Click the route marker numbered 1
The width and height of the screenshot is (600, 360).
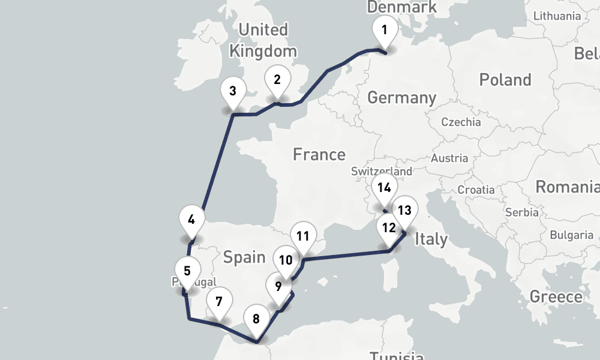[385, 29]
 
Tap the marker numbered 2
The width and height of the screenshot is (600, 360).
[277, 79]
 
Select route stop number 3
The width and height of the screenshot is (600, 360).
[233, 92]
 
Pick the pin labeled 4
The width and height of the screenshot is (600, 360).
[191, 219]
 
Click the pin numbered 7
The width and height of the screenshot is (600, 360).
[219, 301]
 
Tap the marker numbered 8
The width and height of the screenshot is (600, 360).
[256, 319]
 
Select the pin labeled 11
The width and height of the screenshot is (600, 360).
[302, 235]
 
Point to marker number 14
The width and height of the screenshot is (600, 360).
[384, 188]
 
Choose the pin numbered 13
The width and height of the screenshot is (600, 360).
[405, 210]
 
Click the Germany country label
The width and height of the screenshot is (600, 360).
[401, 97]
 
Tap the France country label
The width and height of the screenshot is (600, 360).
[319, 155]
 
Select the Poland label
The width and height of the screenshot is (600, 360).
[505, 80]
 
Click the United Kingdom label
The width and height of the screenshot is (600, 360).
[263, 40]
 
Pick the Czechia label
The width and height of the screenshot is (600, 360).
[461, 122]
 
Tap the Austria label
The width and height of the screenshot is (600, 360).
[449, 158]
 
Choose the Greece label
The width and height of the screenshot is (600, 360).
[556, 296]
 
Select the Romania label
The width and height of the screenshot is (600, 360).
[567, 187]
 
